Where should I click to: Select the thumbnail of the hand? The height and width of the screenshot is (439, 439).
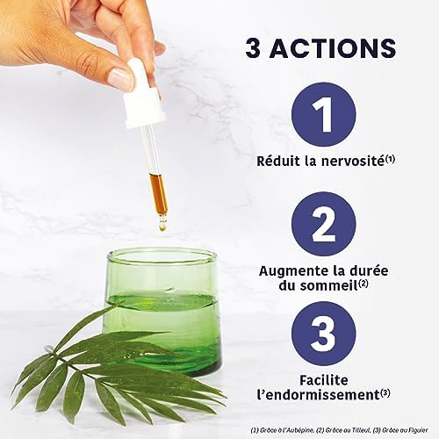pos(120,77)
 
